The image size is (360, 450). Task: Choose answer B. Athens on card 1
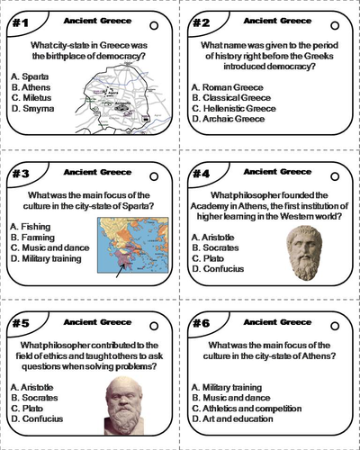click(x=31, y=87)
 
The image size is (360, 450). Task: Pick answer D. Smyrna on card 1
click(x=32, y=109)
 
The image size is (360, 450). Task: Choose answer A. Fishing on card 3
click(x=34, y=225)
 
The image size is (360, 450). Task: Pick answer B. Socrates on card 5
click(x=39, y=397)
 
